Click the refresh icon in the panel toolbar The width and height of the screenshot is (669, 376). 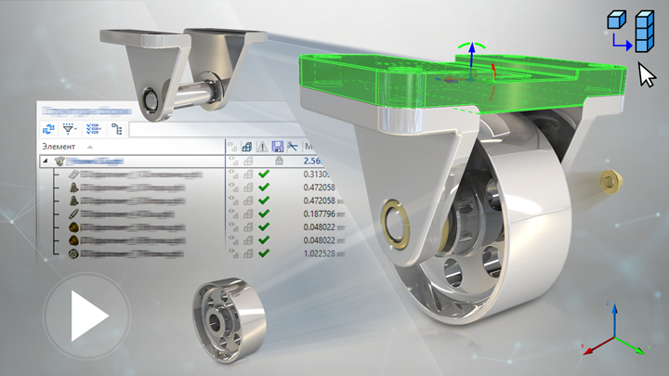click(47, 129)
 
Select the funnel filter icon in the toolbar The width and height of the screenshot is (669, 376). click(70, 129)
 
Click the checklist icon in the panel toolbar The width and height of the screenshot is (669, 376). click(93, 129)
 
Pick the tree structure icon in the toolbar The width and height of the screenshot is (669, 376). click(116, 129)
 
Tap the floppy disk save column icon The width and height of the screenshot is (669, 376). click(278, 146)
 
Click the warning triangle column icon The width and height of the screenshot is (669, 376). click(263, 146)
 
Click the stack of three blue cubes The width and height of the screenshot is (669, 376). click(640, 33)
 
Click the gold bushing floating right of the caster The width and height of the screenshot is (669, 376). click(611, 177)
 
